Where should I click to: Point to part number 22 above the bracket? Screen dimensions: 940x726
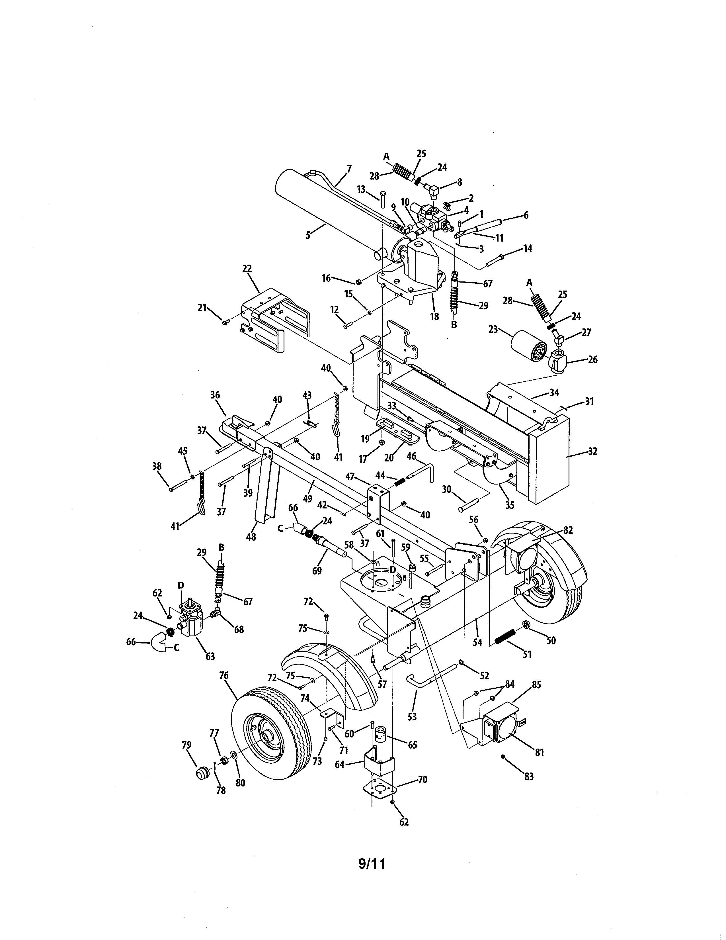tap(247, 269)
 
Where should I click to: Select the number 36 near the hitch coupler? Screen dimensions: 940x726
tap(215, 395)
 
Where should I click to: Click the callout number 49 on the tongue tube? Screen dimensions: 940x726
tap(307, 498)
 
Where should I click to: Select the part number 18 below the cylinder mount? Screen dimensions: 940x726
tap(434, 316)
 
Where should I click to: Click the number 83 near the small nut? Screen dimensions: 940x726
tap(529, 776)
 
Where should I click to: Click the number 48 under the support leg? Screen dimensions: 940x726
tap(251, 537)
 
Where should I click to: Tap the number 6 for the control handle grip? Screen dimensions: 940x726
tap(526, 215)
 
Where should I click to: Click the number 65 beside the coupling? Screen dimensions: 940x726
tap(413, 745)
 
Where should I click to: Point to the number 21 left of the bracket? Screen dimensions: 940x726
tap(202, 307)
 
